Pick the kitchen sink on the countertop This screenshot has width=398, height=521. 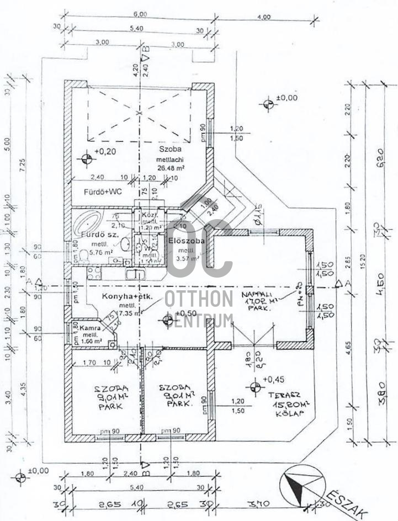[x=136, y=274]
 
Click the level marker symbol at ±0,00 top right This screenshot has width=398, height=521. [x=268, y=104]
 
